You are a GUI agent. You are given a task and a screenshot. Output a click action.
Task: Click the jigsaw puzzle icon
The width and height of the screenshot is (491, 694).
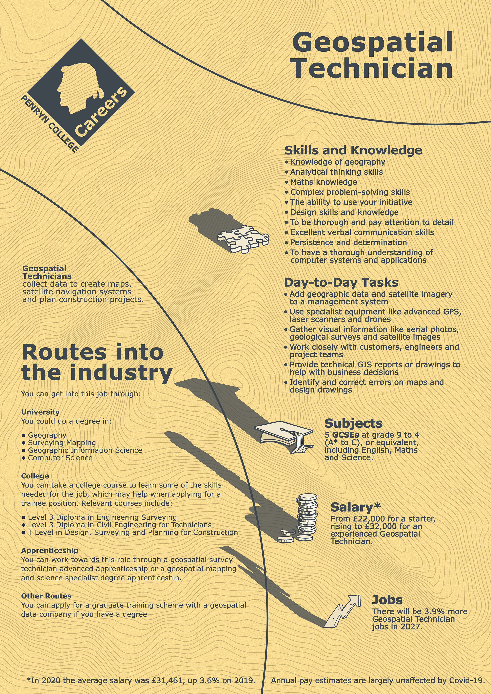click(243, 239)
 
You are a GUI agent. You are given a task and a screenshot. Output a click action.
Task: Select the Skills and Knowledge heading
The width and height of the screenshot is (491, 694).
click(353, 150)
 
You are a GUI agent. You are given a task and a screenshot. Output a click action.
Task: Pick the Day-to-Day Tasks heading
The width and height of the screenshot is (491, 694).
click(341, 282)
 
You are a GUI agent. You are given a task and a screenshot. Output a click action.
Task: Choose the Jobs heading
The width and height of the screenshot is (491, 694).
click(387, 600)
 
